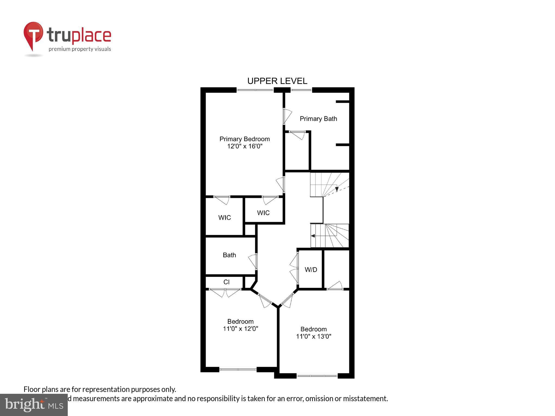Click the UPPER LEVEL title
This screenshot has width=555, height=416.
coord(277,81)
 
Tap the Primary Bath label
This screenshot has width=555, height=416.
coord(318,119)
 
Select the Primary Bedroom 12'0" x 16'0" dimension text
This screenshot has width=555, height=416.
coord(245,146)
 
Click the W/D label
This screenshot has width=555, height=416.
coord(311,269)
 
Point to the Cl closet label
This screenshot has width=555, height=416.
coord(227,282)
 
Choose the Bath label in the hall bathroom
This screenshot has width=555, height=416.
coord(229,255)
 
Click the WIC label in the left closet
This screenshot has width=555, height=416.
coord(224,217)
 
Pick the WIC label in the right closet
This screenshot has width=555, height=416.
coord(263,213)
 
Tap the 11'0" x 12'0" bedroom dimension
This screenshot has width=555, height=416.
coord(240,329)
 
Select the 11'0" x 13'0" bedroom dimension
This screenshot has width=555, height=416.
coord(314,336)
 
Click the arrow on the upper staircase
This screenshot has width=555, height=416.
coord(337,189)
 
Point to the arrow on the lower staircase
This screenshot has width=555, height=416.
coord(313,236)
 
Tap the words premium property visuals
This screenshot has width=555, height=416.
coord(80,49)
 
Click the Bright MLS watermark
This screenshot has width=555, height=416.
coord(34,405)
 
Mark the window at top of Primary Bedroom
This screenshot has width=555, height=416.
coord(255,90)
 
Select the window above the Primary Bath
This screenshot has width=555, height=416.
coord(301,90)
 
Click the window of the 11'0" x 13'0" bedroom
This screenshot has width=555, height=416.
coord(317,376)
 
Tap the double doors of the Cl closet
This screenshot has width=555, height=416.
coord(225,292)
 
